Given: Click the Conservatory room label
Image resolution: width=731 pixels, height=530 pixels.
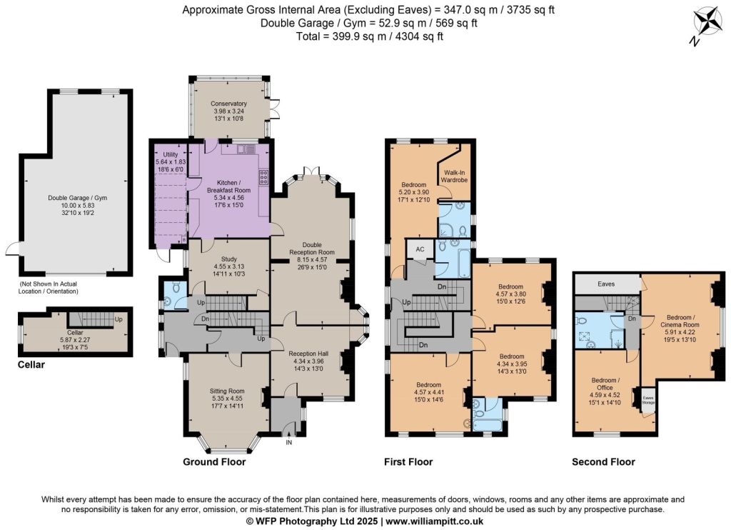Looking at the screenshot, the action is (228, 104).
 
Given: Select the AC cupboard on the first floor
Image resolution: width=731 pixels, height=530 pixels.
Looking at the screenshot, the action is (420, 249).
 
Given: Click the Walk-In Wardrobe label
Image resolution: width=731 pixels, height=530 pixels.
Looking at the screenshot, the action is (454, 176).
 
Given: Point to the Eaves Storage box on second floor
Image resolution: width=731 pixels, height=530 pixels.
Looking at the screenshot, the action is (648, 400).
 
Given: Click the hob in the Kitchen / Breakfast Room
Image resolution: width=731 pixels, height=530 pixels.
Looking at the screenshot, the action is (263, 177).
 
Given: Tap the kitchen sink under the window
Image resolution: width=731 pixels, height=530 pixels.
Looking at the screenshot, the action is (244, 149).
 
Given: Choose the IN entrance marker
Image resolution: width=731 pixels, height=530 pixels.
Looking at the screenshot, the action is (289, 442).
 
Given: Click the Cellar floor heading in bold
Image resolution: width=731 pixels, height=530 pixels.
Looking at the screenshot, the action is (31, 364).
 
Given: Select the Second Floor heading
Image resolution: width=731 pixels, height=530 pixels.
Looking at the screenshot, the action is (603, 462).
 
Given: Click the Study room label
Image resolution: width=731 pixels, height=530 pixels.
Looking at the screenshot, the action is (229, 259).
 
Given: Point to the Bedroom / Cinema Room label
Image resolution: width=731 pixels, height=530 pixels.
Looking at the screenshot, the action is (680, 321).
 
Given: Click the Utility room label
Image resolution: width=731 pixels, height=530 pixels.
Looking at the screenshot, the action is (170, 154).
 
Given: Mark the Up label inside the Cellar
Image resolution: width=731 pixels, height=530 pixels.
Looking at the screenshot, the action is (119, 320).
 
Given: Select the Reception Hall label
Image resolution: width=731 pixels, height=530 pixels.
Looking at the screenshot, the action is (308, 354).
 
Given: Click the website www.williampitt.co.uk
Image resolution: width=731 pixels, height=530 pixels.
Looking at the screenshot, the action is (435, 521).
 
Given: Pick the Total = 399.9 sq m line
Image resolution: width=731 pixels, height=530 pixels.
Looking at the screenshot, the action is (370, 36).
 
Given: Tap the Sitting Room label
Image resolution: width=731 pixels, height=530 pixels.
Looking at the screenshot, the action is (227, 391).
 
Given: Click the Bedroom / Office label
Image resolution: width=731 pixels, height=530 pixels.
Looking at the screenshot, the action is (605, 384).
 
